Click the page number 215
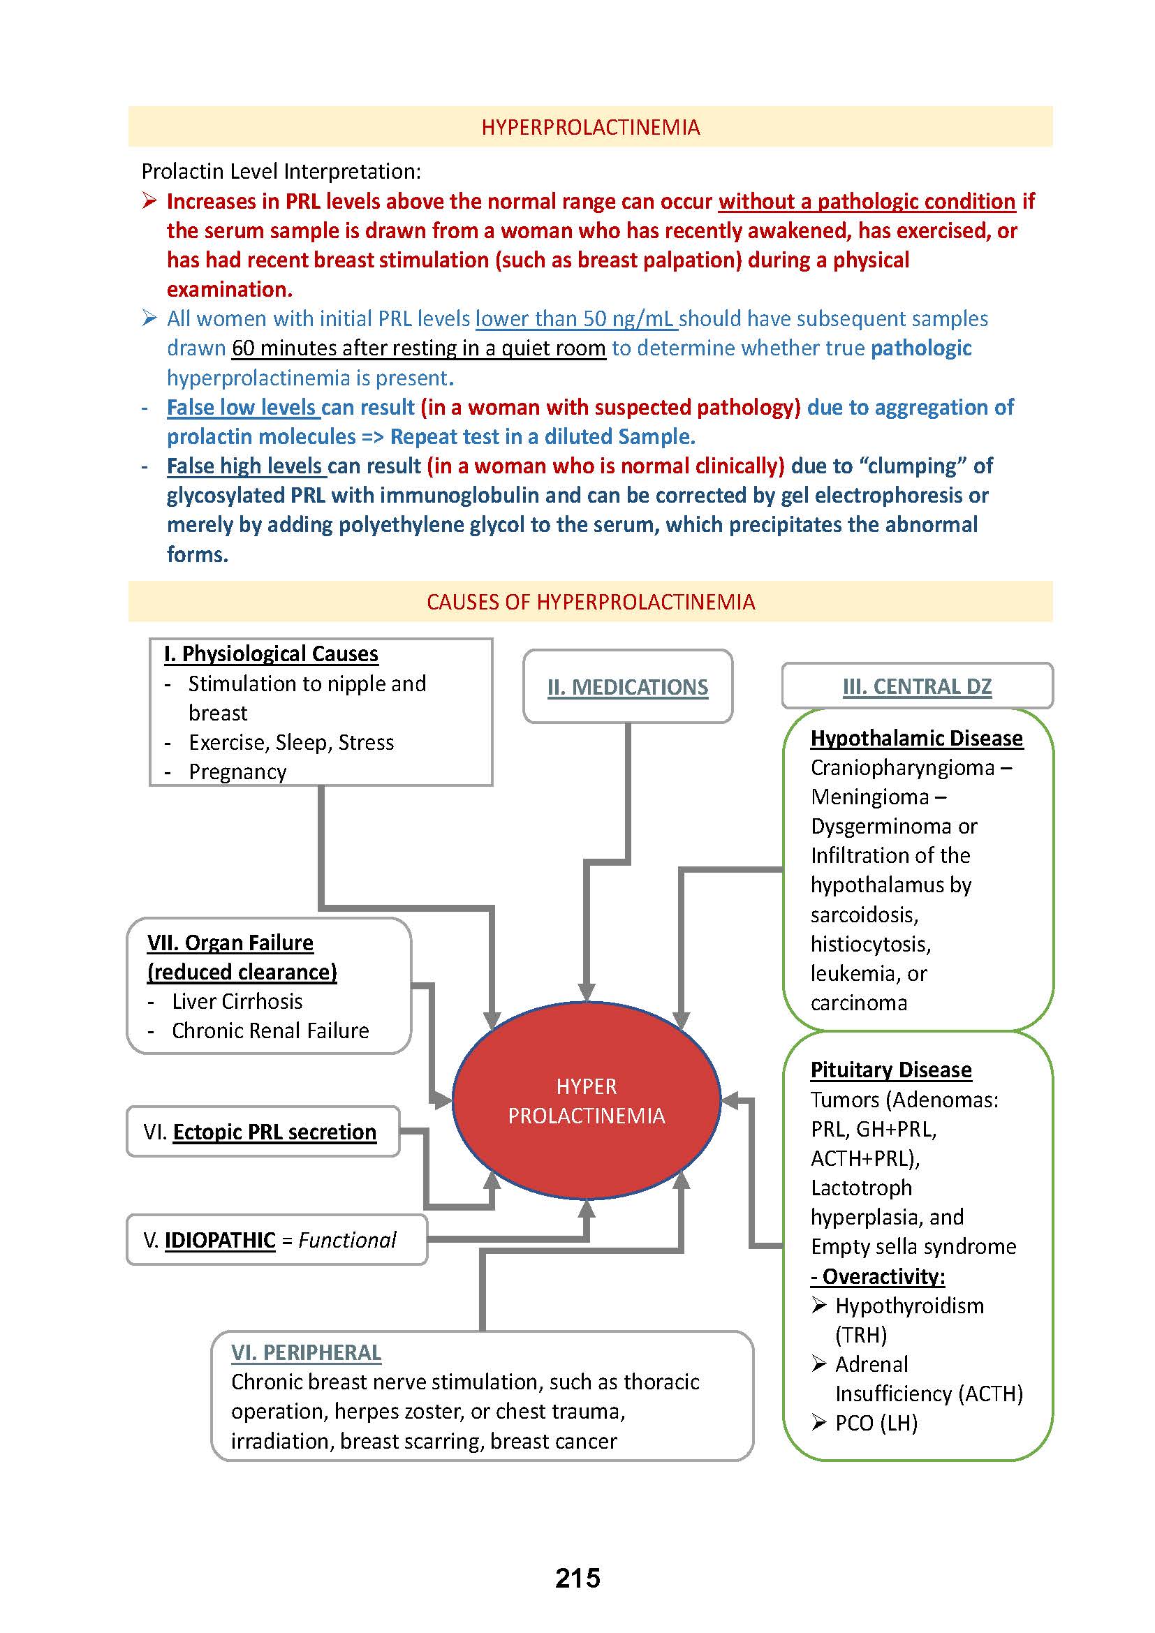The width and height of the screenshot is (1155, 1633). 577,1578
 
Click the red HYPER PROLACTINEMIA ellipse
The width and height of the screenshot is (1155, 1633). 586,1100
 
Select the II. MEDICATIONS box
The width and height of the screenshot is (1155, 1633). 627,686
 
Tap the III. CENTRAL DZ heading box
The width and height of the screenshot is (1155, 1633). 917,686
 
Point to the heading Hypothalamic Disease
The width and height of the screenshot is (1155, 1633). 916,737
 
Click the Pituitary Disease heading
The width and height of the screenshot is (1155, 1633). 890,1070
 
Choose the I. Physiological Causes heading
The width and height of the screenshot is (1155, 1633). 271,653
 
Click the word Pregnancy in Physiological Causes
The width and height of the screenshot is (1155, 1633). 237,771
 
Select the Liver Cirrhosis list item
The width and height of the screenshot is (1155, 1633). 237,1000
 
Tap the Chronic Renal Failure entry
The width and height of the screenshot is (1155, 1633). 270,1030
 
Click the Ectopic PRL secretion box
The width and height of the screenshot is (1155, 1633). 263,1132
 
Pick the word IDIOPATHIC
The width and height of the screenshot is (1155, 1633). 220,1240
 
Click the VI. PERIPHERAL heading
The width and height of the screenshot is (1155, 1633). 306,1352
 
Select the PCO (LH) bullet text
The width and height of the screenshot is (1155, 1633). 876,1422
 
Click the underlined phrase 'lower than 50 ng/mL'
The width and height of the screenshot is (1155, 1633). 576,318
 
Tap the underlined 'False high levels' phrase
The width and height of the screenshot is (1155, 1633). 245,466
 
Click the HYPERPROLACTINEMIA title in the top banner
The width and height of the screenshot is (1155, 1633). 590,127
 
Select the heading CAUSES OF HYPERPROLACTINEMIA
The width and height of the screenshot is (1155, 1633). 590,602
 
